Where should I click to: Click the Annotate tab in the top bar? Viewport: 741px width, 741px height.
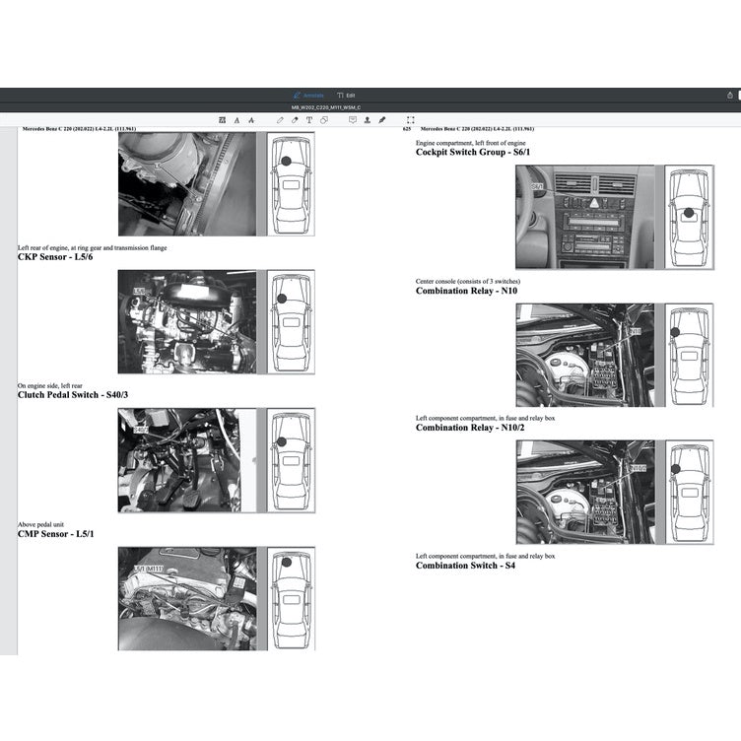[309, 95]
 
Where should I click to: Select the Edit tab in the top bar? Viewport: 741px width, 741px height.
[346, 95]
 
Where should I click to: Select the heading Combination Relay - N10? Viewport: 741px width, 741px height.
[466, 291]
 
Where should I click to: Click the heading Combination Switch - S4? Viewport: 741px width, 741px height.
[465, 566]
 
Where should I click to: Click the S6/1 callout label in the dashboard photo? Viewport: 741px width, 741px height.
[538, 185]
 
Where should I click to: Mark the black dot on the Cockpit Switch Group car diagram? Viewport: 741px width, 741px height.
[683, 212]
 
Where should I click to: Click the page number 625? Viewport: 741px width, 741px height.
[406, 129]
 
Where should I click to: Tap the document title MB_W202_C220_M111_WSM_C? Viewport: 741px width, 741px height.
[325, 106]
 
